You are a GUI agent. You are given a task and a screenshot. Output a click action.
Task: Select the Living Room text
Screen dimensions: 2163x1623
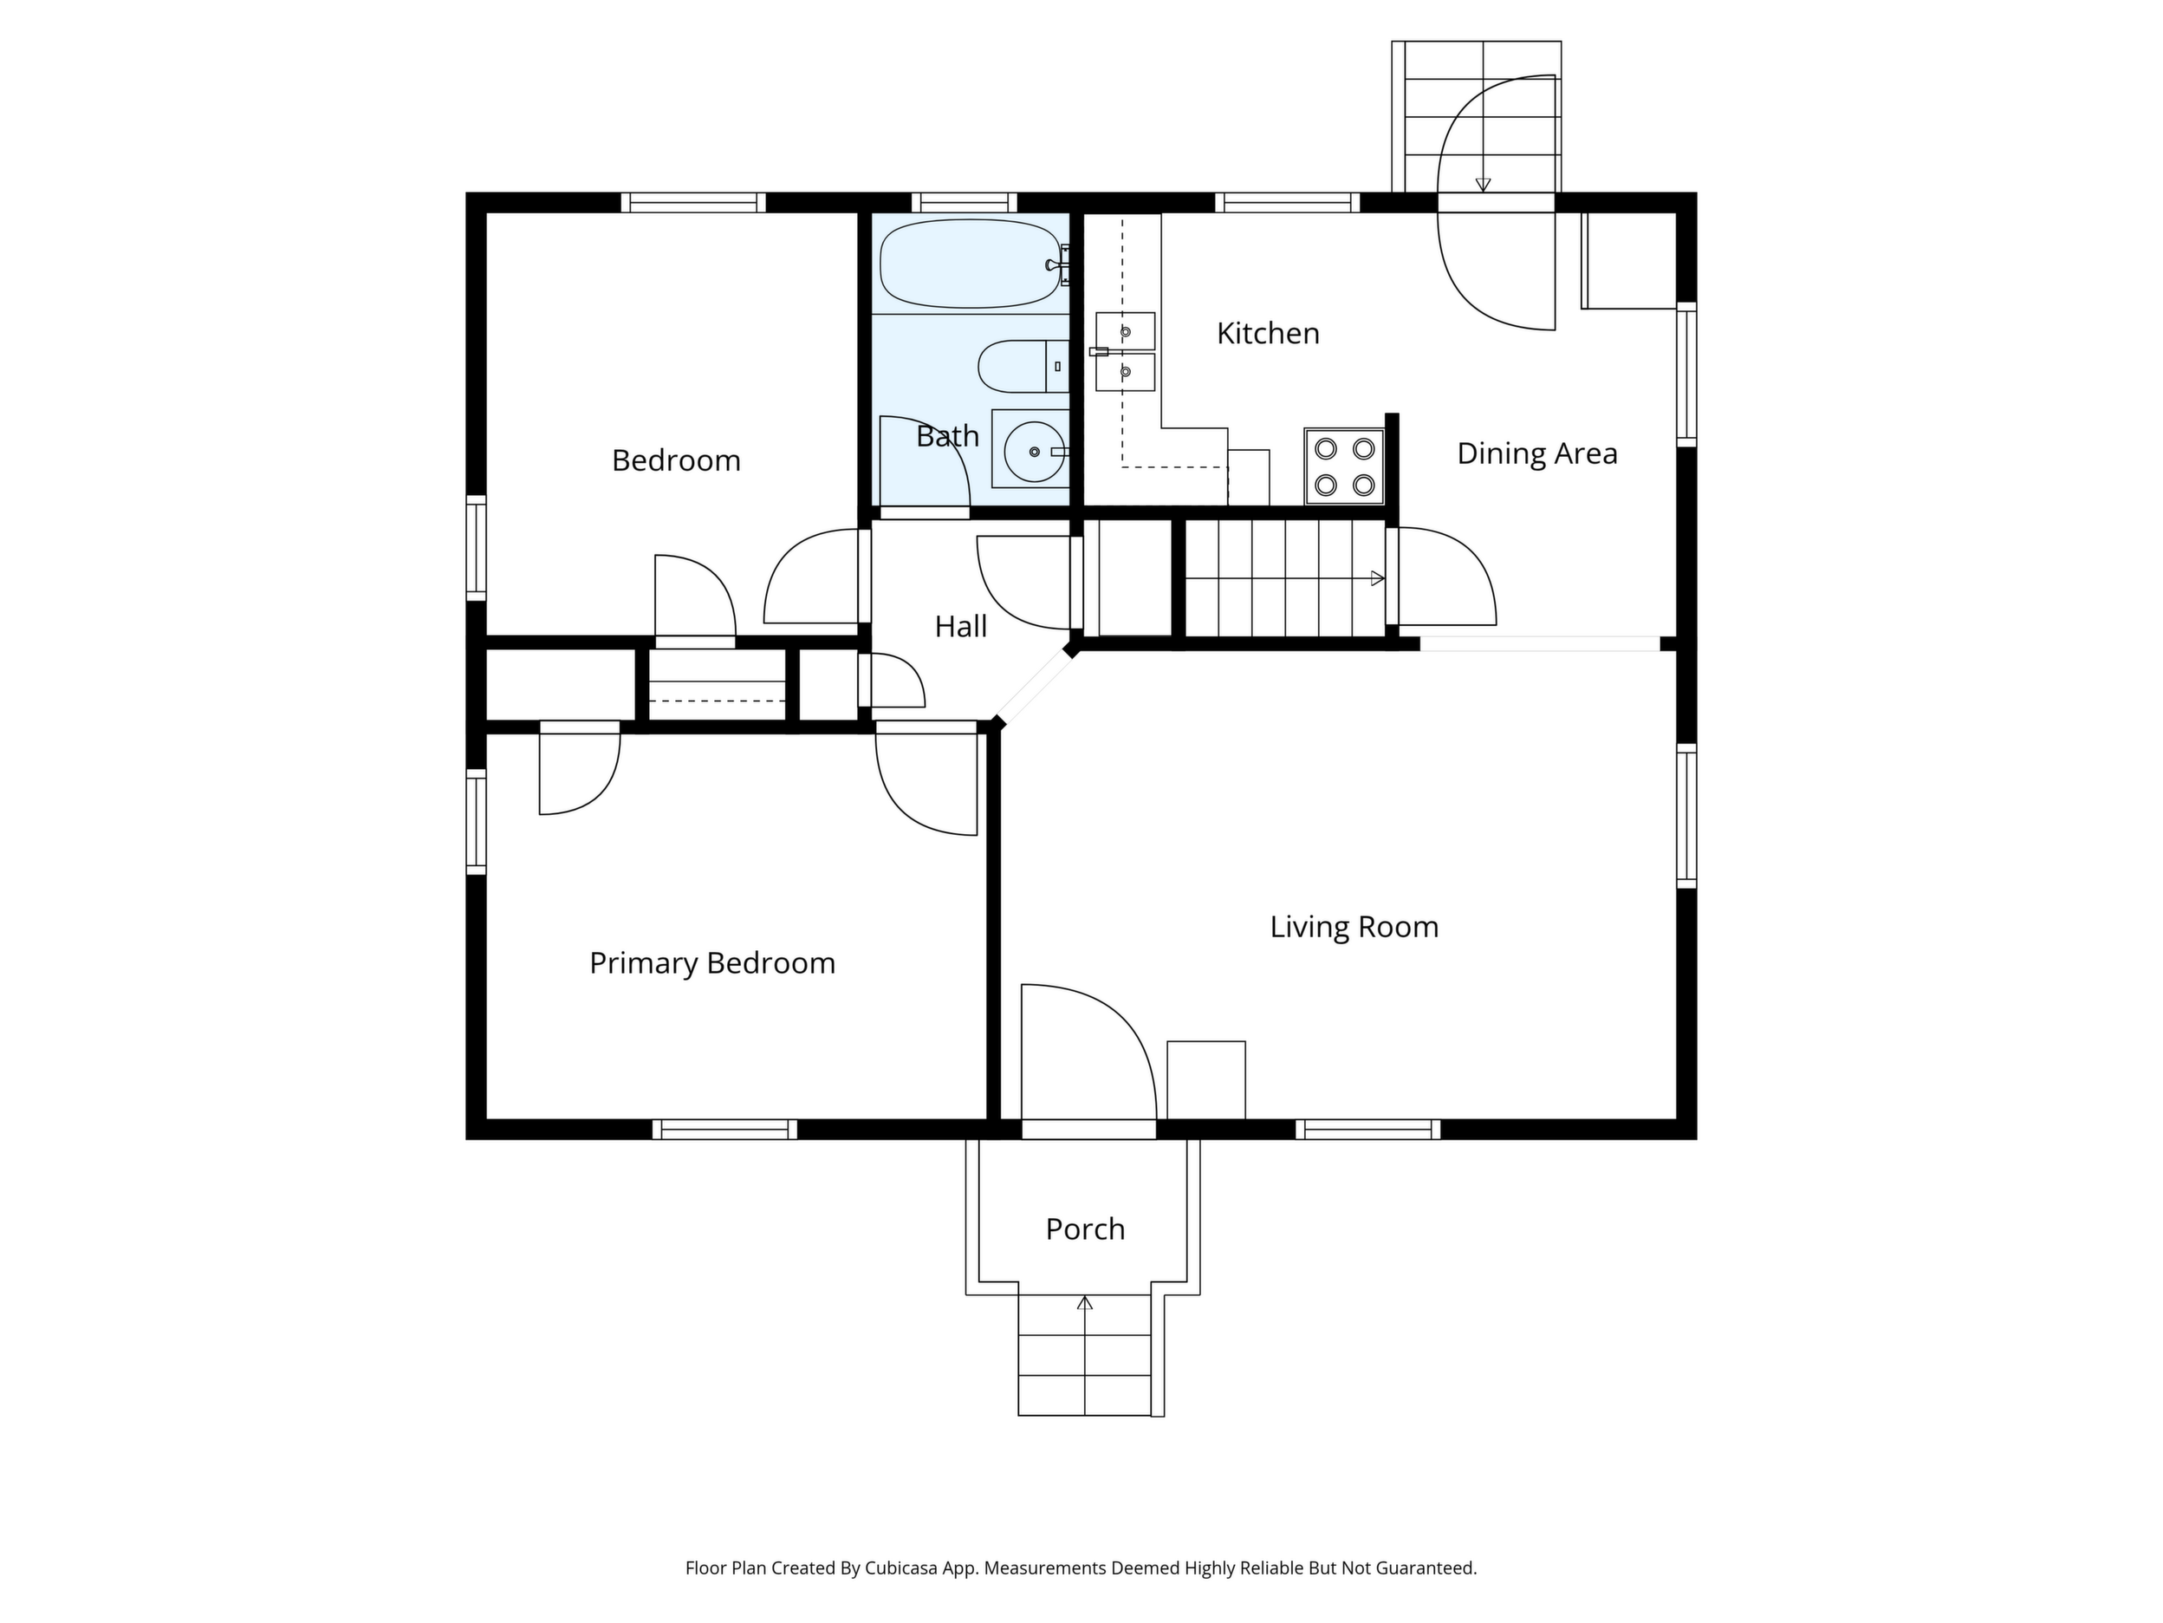tap(1354, 927)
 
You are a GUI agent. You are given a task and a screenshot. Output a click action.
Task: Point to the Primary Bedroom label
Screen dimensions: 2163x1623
tap(711, 963)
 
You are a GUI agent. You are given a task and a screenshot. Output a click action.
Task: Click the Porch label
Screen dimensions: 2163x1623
tap(1086, 1229)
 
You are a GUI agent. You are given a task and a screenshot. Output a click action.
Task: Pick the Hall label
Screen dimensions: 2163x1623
tap(960, 627)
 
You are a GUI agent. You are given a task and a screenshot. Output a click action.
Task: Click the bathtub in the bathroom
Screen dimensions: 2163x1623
tap(970, 264)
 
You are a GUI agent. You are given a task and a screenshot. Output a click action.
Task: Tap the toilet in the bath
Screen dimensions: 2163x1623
tap(1023, 366)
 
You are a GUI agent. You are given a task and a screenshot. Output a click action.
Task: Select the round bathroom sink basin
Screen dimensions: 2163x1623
tap(1035, 451)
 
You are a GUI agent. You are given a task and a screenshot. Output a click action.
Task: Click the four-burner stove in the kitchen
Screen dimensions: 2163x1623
tap(1345, 466)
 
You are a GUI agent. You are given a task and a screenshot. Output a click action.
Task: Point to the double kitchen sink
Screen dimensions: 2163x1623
tap(1125, 351)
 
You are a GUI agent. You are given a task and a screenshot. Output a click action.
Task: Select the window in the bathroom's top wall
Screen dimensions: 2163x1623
tap(965, 203)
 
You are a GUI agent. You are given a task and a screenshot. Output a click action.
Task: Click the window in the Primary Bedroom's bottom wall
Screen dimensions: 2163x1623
tap(724, 1129)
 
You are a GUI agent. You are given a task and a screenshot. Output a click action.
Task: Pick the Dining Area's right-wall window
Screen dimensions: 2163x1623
tap(1686, 374)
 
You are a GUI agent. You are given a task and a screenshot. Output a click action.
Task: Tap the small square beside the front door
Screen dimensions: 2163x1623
tap(1205, 1080)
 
